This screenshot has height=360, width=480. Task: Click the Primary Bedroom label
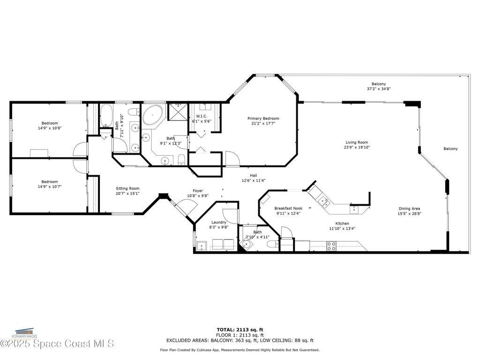pos(263,119)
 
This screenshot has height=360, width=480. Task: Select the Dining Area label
pos(409,209)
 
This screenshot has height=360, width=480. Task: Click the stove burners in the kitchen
pos(331,246)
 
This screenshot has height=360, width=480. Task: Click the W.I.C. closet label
pos(202,116)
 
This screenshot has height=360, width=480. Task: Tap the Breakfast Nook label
pos(288,208)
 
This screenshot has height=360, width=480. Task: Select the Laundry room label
pos(218,222)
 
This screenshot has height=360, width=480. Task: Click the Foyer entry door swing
pos(185,207)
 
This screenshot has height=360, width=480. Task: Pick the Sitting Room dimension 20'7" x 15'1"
pos(127,193)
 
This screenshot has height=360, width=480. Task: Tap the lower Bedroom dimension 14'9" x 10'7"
pos(50,187)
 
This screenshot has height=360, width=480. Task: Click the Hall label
pos(253,175)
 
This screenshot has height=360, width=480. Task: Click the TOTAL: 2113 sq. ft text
pos(240,330)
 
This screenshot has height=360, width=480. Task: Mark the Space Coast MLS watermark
pos(57,344)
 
